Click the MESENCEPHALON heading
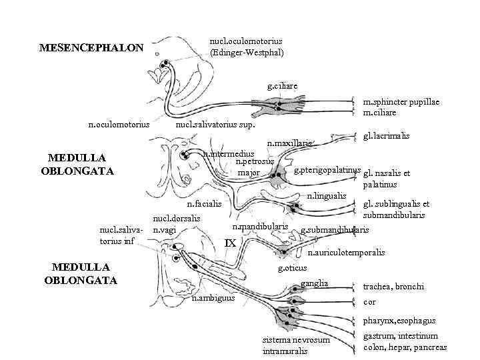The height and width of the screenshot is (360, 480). (91, 48)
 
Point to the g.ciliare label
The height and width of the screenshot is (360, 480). (281, 86)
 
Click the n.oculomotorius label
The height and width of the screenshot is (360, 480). (119, 124)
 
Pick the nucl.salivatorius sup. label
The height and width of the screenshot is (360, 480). (215, 124)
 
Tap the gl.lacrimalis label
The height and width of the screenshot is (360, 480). (387, 135)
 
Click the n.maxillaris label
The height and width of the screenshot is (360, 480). (289, 143)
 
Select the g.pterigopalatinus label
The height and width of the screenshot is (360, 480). (327, 170)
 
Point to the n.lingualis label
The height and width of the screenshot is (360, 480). (327, 195)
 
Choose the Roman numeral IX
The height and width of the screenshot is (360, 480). (230, 243)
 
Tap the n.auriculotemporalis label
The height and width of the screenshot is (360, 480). (346, 253)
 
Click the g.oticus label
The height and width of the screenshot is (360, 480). (292, 268)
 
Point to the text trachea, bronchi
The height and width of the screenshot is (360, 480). (393, 287)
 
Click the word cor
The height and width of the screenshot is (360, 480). (369, 302)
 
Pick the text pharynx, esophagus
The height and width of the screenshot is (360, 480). (399, 321)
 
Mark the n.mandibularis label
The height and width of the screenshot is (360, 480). (260, 227)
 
